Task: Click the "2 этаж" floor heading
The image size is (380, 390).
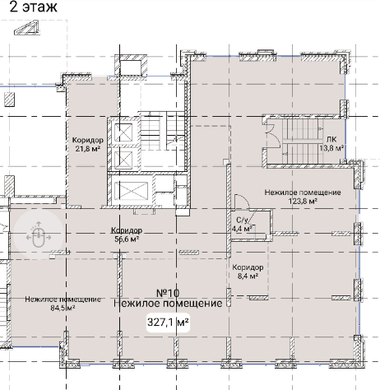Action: (33, 7)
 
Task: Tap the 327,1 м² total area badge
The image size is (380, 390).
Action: (168, 323)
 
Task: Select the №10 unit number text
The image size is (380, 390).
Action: (168, 293)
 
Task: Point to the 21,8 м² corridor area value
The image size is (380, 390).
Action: (87, 149)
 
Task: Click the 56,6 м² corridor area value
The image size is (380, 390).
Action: (127, 239)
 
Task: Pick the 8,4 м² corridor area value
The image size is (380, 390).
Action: (248, 276)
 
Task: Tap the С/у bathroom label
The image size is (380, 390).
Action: (242, 220)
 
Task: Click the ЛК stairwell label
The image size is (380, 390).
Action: (331, 139)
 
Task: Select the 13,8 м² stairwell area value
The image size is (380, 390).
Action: (331, 148)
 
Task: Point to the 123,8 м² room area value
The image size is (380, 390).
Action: (303, 202)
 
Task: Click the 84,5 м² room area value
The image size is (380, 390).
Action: (63, 308)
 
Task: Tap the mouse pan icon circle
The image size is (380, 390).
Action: (39, 234)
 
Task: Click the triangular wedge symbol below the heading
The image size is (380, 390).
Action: (26, 27)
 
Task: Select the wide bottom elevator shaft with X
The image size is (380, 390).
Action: (131, 190)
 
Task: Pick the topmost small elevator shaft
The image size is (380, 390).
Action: (123, 132)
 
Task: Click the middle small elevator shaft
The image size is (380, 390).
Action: (123, 160)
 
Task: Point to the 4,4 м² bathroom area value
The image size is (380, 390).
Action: (242, 229)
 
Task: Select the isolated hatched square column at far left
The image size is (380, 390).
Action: (10, 100)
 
